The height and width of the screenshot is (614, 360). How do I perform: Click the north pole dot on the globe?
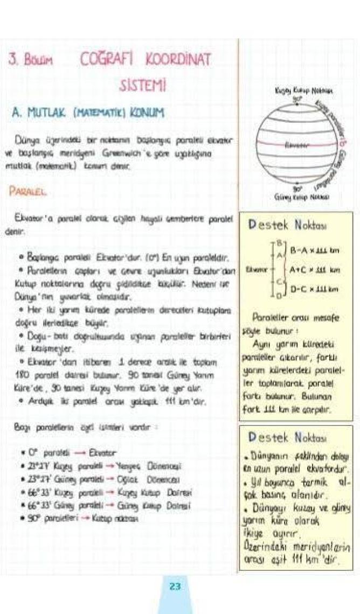click(296, 105)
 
